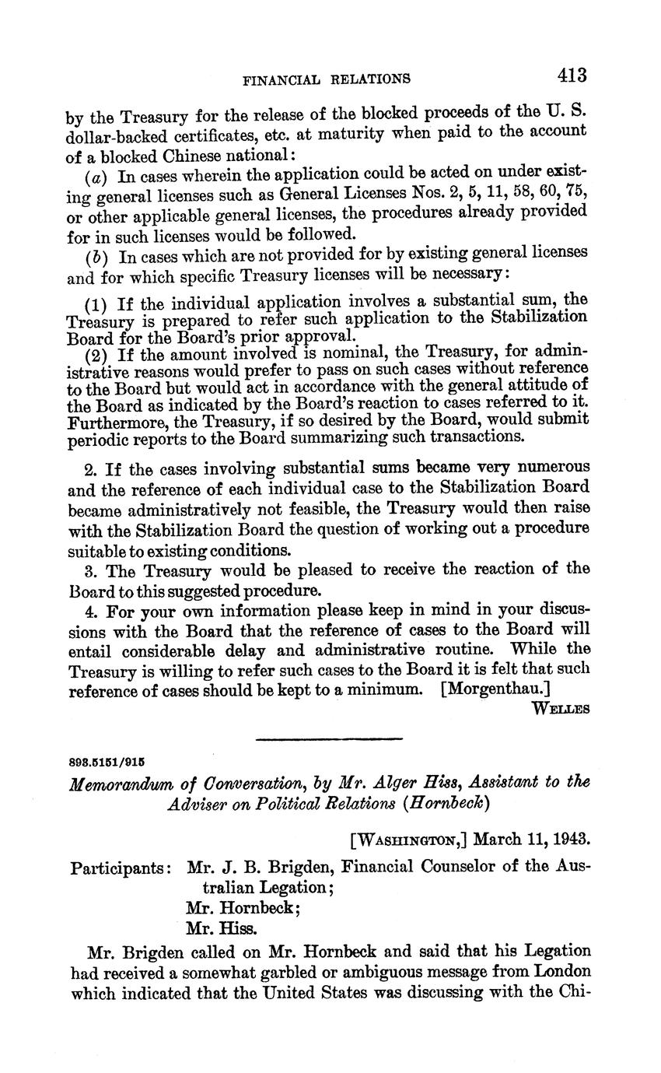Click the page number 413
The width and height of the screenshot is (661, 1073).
571,75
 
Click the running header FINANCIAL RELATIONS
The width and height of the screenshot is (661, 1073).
327,79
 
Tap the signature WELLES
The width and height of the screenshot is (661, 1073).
561,708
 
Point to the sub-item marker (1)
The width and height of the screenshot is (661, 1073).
96,303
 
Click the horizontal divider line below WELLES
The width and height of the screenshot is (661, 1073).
329,738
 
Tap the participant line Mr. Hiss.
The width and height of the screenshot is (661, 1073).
221,927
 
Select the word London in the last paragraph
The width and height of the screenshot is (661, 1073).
560,972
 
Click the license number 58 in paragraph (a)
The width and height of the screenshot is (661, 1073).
508,193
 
